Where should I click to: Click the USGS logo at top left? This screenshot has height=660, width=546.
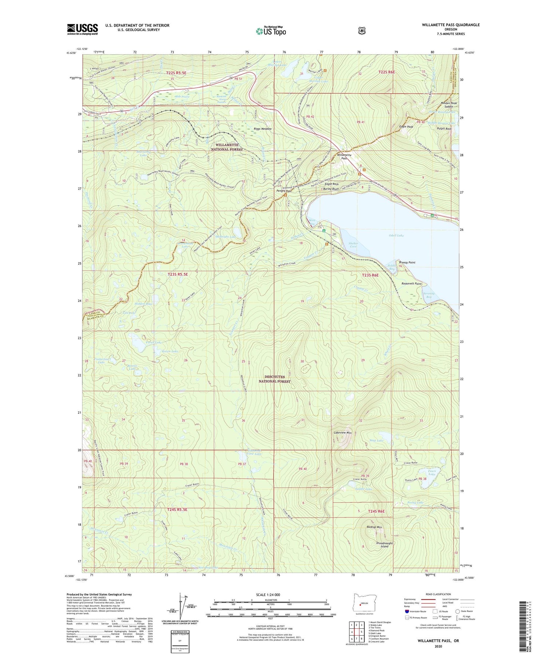(x=82, y=29)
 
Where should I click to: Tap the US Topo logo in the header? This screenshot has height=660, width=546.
(x=271, y=31)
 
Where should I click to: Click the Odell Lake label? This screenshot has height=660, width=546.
(x=396, y=236)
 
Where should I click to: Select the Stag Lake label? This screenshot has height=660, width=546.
(x=376, y=440)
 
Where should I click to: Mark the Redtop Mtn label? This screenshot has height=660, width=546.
(x=374, y=527)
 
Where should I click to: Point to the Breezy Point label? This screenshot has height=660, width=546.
(x=407, y=262)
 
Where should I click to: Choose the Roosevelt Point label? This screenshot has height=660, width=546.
(x=411, y=284)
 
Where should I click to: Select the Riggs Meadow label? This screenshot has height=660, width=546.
(x=262, y=129)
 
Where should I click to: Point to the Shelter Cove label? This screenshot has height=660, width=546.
(x=353, y=245)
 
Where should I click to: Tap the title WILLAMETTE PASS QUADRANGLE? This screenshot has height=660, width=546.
(x=451, y=25)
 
